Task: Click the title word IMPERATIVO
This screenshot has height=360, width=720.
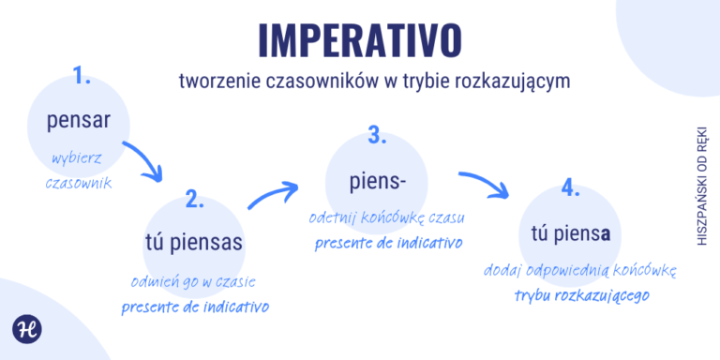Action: tap(360, 38)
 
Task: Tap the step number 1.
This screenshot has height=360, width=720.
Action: tap(81, 77)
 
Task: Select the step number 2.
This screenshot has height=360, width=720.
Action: tap(195, 199)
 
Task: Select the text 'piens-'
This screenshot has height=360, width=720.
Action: tap(375, 179)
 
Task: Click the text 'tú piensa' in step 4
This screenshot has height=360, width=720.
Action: tap(571, 232)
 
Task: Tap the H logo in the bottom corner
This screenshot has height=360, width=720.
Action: tap(25, 330)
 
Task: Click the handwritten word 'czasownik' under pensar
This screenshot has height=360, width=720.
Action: tap(79, 182)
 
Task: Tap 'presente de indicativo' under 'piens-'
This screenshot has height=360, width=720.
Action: tap(387, 242)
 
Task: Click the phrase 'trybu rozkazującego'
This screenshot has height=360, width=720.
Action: tap(582, 294)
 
